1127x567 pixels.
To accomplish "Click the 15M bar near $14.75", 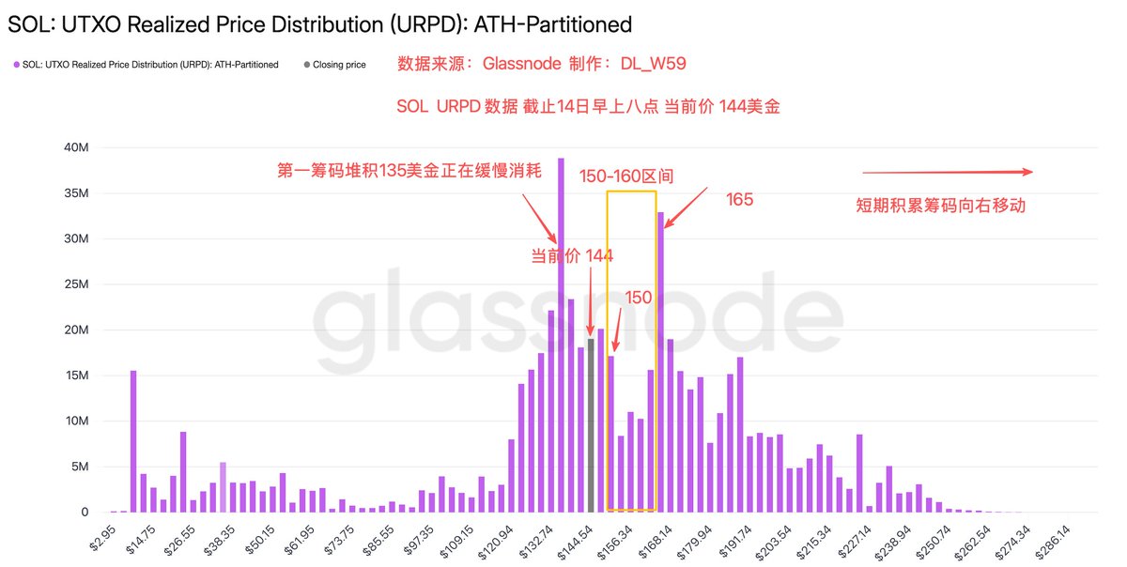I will click(133, 441).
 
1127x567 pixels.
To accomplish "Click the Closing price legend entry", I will click(334, 65).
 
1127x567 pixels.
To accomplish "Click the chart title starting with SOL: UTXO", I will click(319, 23).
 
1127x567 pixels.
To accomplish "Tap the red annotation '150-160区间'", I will click(626, 176).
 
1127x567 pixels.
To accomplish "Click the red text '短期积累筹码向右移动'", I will click(940, 206).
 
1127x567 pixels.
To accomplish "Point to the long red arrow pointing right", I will click(947, 172).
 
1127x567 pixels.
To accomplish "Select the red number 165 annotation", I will click(740, 200).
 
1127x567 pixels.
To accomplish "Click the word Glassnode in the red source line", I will click(521, 64).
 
